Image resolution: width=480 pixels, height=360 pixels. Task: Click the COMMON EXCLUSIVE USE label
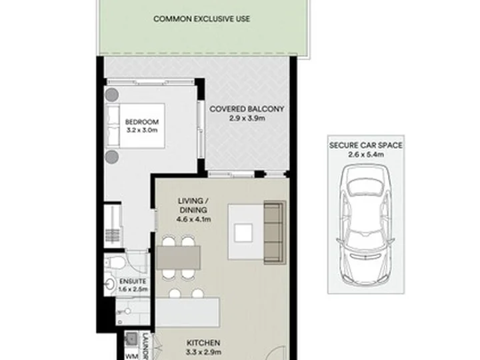click(x=201, y=19)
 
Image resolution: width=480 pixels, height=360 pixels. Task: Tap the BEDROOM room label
click(x=142, y=122)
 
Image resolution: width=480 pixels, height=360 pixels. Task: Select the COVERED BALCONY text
click(x=247, y=109)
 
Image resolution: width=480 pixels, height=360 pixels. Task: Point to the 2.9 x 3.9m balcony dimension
click(x=247, y=118)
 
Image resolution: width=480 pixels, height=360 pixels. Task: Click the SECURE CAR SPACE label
click(x=366, y=145)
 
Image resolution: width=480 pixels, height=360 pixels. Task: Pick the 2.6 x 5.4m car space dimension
click(x=366, y=154)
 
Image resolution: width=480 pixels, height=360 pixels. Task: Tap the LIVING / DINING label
click(x=193, y=205)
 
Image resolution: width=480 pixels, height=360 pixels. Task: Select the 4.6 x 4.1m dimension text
click(x=193, y=219)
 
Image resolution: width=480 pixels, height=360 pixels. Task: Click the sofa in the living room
click(x=275, y=233)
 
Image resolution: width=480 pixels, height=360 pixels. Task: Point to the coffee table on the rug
click(x=243, y=233)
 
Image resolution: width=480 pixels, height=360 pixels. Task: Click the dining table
click(x=179, y=257)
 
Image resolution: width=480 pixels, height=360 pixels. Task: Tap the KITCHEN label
click(x=203, y=343)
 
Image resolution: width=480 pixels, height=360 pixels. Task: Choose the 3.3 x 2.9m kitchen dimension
click(x=203, y=352)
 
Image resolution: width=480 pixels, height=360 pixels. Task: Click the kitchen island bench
click(x=187, y=312)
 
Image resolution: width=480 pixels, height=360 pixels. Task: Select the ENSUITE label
click(x=133, y=281)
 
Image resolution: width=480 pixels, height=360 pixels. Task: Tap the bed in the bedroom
click(x=135, y=126)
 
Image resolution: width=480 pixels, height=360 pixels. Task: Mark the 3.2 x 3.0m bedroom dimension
click(x=142, y=130)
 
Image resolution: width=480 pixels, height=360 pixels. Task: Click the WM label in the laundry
click(x=132, y=356)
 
